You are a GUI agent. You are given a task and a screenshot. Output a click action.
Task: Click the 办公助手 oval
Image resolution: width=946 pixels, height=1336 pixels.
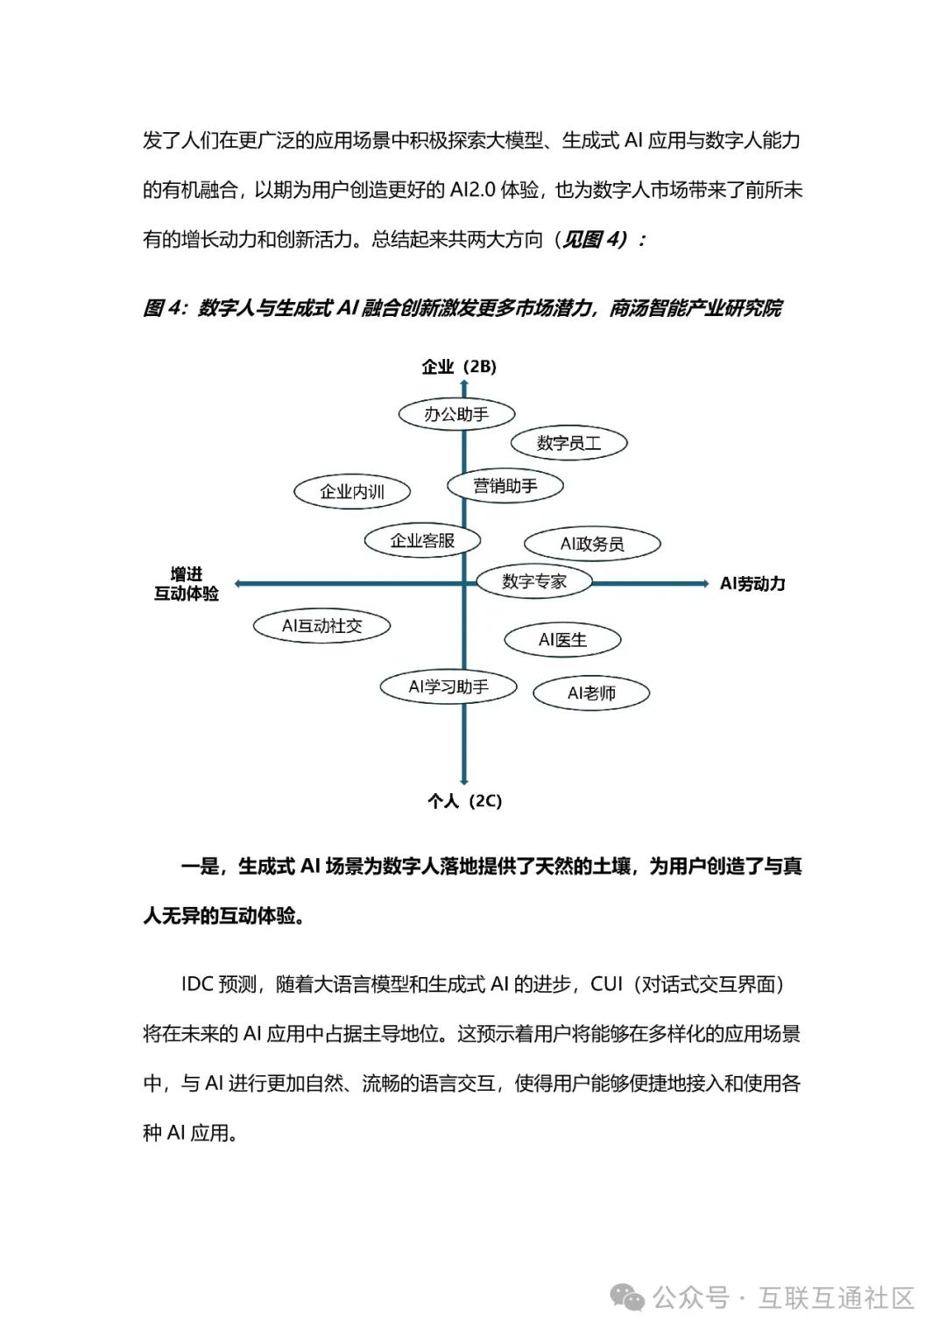pos(456,414)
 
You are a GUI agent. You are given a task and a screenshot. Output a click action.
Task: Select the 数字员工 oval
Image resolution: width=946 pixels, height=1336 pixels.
pos(568,443)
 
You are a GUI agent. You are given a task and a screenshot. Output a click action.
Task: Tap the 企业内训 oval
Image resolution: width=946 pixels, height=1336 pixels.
pos(352,492)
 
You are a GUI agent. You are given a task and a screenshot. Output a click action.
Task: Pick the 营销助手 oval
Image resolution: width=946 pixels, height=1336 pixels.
pos(505,486)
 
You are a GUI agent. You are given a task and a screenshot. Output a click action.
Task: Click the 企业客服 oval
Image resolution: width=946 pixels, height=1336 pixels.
pos(422,541)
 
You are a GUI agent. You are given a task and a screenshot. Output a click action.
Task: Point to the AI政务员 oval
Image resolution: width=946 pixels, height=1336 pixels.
pos(592,544)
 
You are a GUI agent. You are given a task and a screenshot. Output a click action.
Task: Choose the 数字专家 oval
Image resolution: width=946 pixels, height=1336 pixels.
pos(534,581)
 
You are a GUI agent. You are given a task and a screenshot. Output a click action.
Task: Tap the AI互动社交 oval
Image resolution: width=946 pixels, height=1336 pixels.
pos(321,626)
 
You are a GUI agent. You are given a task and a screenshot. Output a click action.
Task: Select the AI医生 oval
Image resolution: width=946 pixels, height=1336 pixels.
pos(562,640)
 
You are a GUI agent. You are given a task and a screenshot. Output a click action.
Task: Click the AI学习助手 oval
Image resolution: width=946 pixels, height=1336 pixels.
pos(448,687)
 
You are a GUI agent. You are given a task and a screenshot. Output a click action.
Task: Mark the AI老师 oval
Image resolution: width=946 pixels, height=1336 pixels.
pos(591,693)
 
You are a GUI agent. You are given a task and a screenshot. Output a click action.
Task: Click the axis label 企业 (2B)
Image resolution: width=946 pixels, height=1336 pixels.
pos(459,367)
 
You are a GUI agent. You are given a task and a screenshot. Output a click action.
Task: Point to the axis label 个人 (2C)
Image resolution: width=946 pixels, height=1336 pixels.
pos(464,801)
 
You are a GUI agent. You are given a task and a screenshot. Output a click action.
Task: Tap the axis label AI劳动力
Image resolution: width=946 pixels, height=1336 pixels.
pos(752,584)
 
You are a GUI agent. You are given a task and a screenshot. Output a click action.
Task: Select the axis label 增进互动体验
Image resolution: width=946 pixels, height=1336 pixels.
pos(187,584)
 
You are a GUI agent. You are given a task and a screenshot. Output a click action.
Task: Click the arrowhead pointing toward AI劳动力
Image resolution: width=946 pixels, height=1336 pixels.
pos(702,583)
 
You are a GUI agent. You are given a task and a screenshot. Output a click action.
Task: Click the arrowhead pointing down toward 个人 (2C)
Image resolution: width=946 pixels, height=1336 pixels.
pos(464,779)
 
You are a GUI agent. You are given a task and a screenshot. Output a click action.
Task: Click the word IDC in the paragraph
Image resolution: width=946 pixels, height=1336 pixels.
pos(197,984)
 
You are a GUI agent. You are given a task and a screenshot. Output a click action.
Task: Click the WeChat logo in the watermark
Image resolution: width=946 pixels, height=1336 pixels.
pos(628,1297)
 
